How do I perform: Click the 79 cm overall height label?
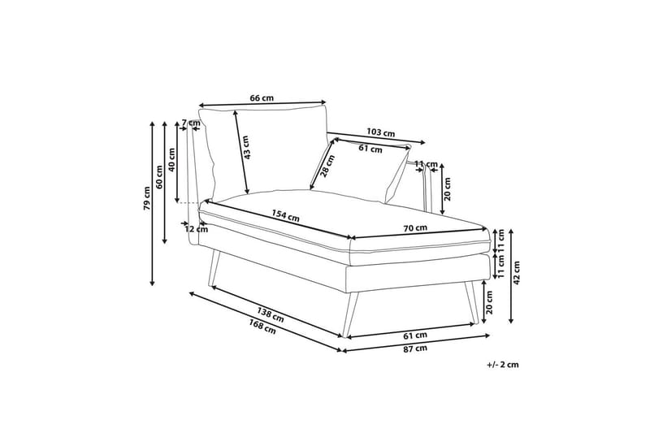147,198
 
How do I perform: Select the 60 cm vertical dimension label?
159,177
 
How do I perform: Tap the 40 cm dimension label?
172,158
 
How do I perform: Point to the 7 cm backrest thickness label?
190,123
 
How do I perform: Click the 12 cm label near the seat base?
196,229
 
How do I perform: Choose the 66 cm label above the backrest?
262,98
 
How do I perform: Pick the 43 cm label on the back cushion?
246,148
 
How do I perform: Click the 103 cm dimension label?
380,132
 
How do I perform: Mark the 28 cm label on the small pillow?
327,166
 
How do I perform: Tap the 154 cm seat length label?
285,215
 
